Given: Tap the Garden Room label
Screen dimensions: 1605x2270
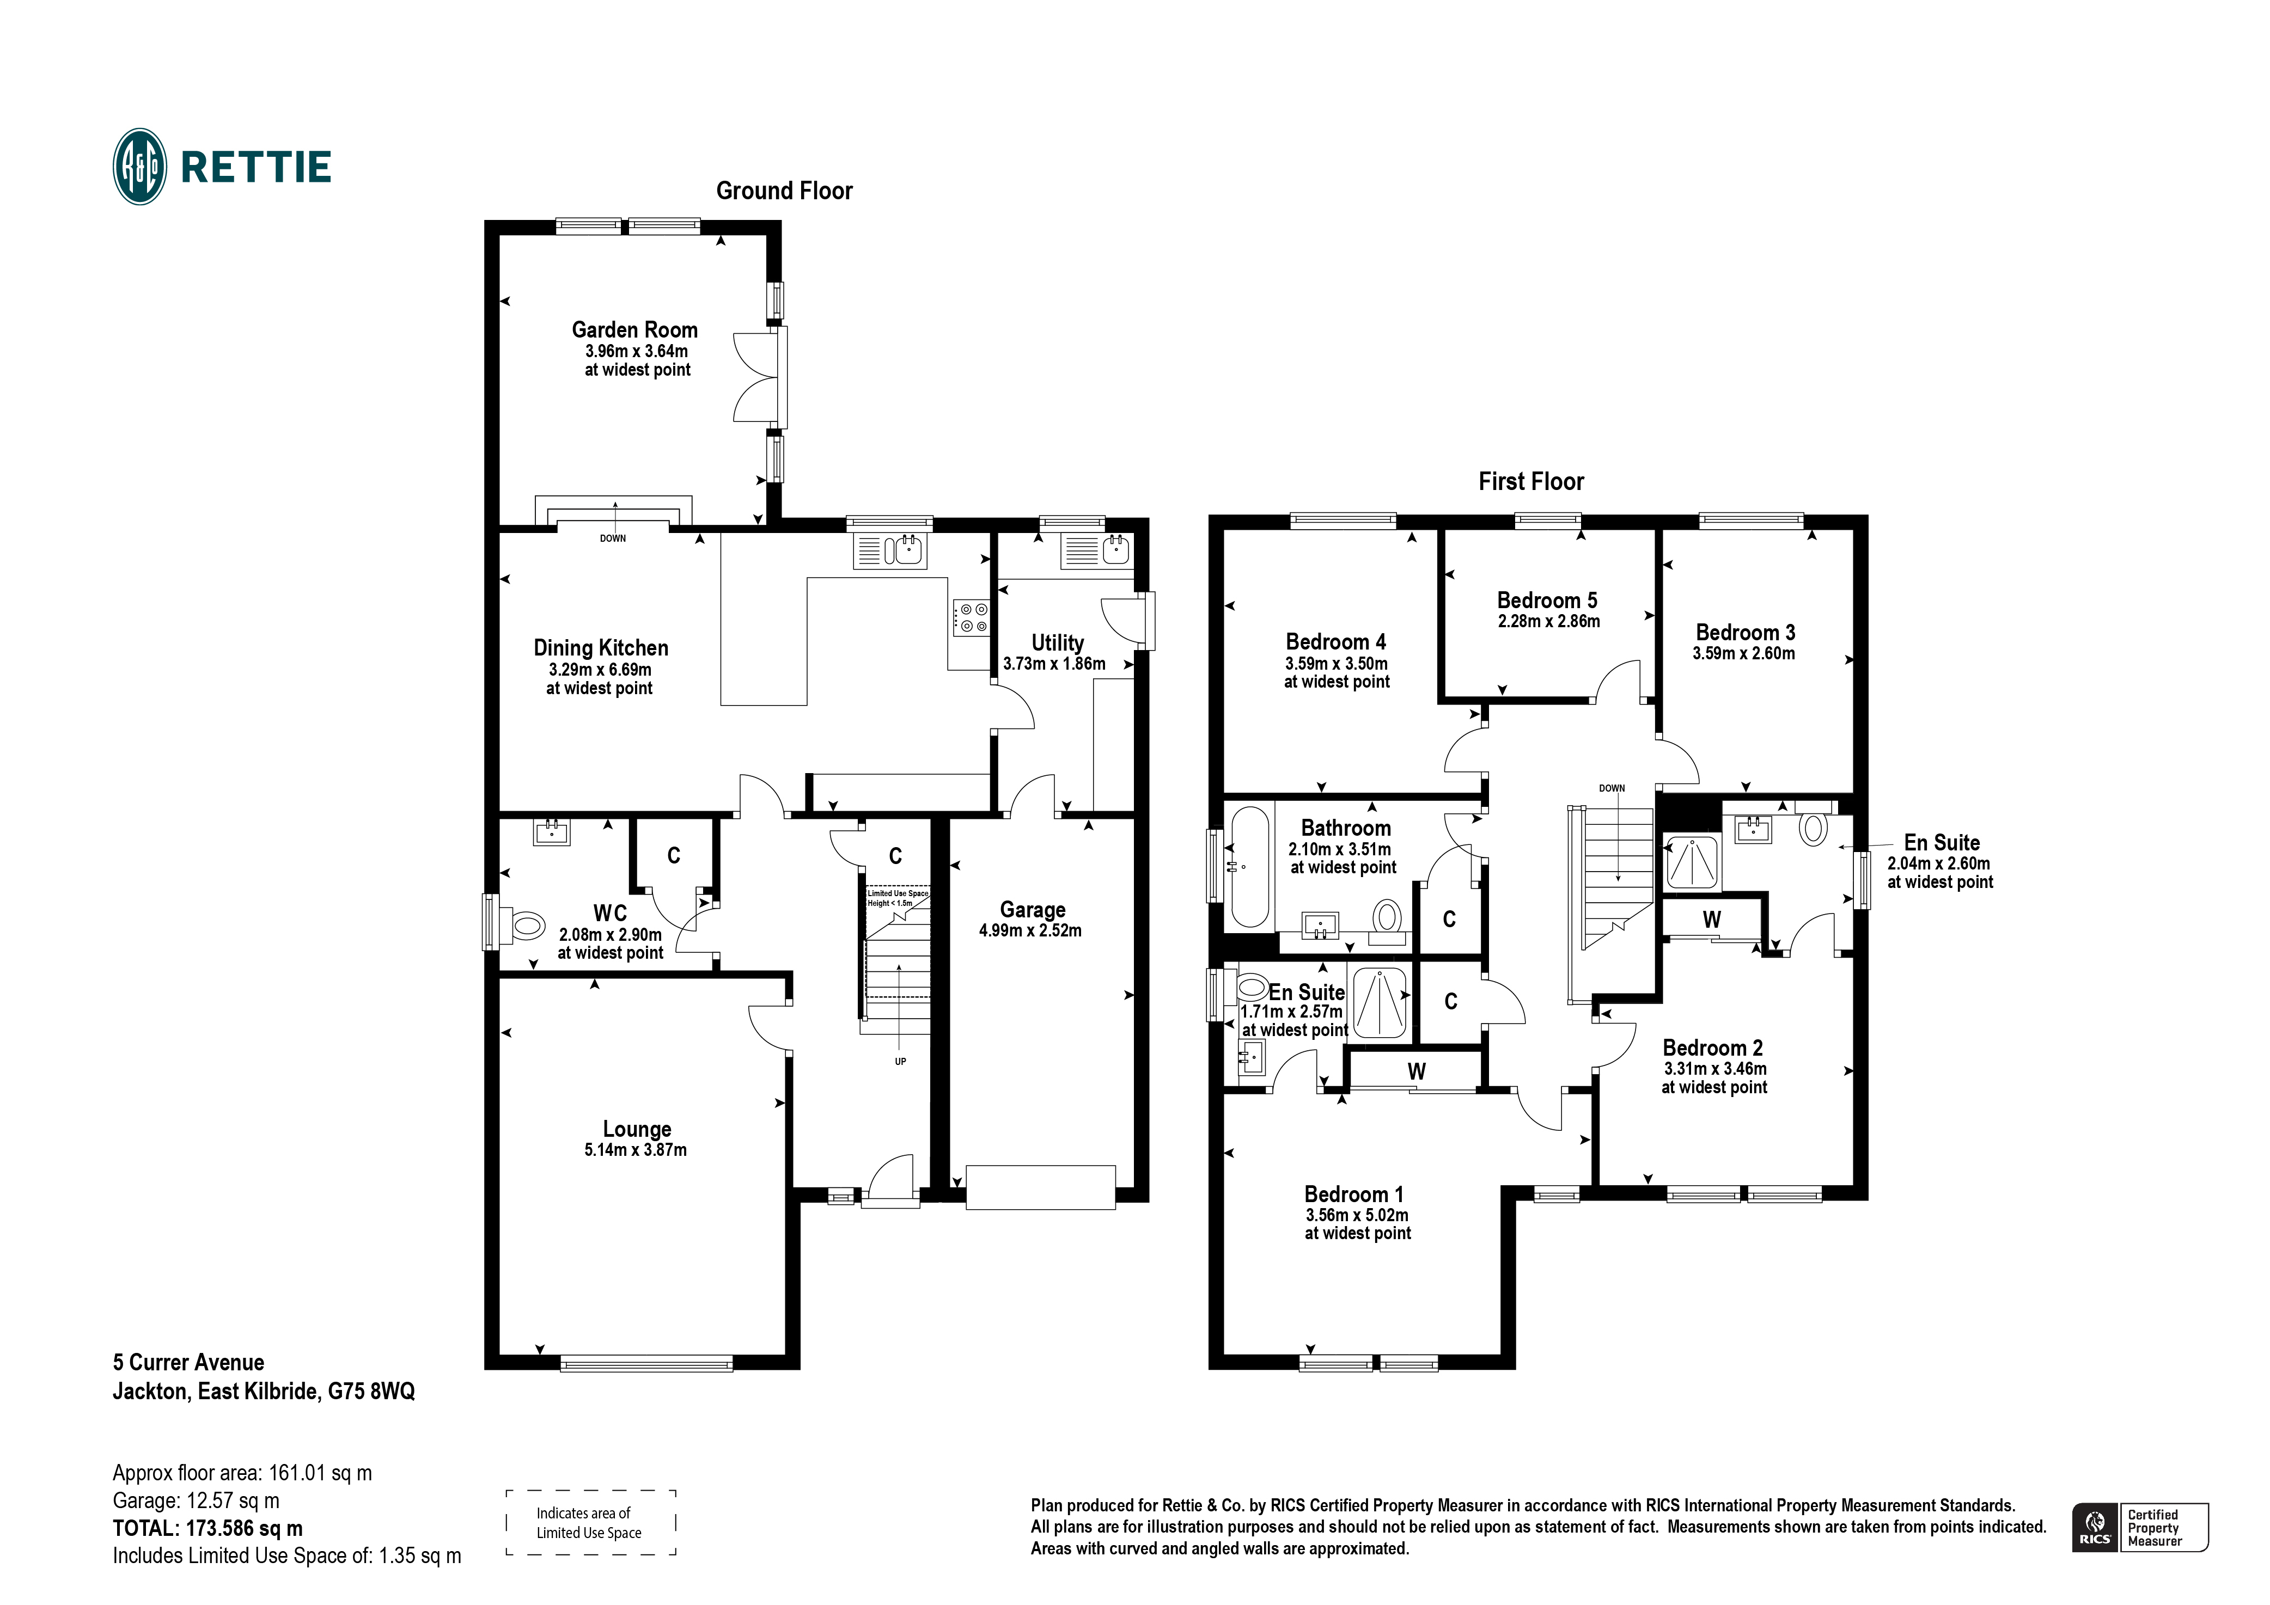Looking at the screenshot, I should [634, 330].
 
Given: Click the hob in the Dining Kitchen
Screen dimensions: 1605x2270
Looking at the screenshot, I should [970, 618].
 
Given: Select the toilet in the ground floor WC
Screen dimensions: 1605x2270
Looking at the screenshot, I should [526, 926].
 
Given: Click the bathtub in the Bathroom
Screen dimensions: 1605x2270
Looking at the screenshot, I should [1250, 867].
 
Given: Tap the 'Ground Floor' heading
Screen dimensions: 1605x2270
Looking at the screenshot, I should [784, 191].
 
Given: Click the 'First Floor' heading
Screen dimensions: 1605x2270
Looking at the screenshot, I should [1530, 481].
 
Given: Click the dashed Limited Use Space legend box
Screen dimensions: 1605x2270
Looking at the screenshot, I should [590, 1523].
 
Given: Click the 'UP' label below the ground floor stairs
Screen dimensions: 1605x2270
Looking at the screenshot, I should [900, 1062].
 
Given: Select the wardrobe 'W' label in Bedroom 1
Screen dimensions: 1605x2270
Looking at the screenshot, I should [1416, 1071].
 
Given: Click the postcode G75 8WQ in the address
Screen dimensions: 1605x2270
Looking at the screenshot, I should [372, 1392].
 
